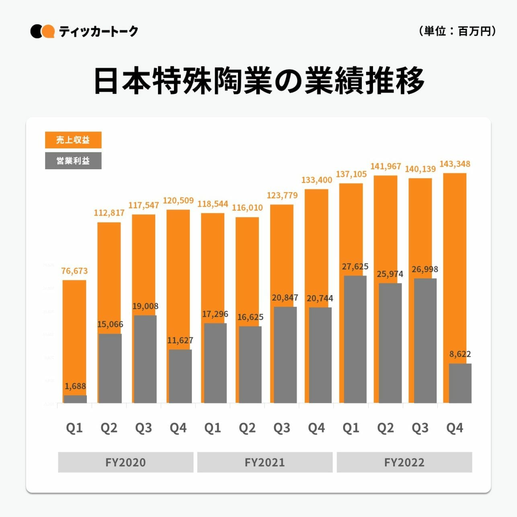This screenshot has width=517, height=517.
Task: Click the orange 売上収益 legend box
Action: [73, 140]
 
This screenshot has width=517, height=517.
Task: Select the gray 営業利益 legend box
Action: [73, 161]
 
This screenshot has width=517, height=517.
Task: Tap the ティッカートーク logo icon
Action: [42, 31]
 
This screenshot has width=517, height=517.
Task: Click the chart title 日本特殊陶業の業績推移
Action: [259, 81]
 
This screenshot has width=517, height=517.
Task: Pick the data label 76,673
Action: [74, 271]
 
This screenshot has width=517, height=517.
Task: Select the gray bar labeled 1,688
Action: [75, 399]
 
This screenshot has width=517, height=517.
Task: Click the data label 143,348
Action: [455, 164]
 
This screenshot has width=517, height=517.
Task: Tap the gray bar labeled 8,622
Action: [460, 383]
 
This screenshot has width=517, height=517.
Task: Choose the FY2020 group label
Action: [125, 462]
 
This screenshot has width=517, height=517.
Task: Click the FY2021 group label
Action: [265, 462]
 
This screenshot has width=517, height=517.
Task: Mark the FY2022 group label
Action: [404, 462]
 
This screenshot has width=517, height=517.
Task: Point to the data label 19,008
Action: [145, 306]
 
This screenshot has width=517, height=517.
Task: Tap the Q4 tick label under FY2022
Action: [455, 428]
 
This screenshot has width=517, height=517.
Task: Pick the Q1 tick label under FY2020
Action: [74, 428]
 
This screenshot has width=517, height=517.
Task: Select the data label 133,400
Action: [317, 180]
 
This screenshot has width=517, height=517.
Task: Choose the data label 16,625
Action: [250, 317]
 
